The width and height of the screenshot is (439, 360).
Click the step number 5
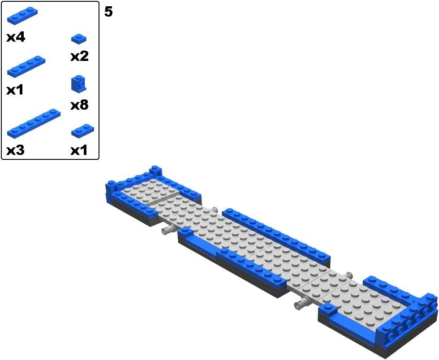[x=108, y=12]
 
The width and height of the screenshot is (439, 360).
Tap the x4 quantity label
[x=16, y=37]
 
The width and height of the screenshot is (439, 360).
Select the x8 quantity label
[x=79, y=105]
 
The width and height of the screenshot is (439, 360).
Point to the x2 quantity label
[x=79, y=56]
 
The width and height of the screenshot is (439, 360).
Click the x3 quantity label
[x=15, y=150]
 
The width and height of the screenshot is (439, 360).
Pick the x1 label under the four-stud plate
[x=15, y=90]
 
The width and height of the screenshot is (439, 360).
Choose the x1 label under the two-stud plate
[x=79, y=150]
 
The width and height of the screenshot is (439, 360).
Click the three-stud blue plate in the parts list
[x=22, y=16]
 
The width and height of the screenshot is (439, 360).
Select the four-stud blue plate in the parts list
[x=26, y=66]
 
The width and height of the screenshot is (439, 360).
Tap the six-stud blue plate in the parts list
[x=34, y=123]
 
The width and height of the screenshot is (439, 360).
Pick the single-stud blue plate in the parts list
[x=79, y=39]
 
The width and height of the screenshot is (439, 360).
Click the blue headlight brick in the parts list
[x=79, y=84]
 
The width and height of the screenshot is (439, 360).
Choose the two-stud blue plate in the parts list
[x=82, y=131]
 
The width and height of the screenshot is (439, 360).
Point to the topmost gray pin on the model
[x=214, y=210]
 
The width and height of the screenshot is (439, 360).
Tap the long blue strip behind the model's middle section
[x=276, y=235]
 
